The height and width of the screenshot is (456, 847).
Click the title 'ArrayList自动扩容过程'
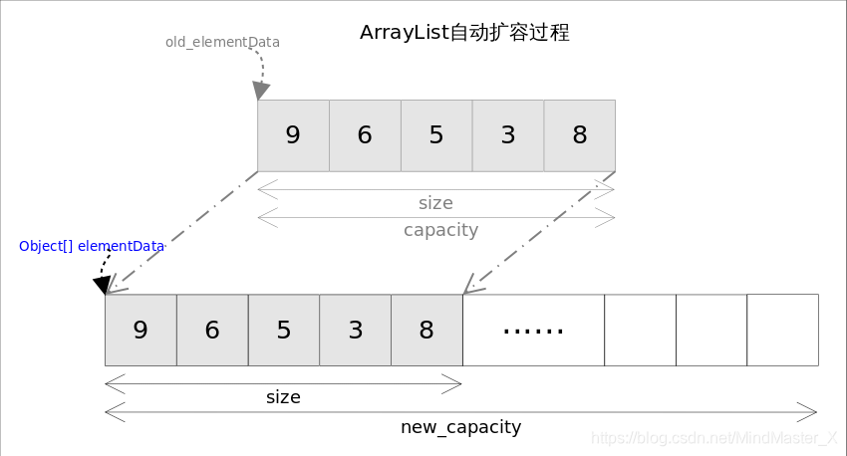click(x=464, y=32)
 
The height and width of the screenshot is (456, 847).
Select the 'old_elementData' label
click(x=222, y=43)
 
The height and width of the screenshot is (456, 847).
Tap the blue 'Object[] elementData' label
click(x=91, y=246)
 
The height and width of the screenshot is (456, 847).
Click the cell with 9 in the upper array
click(x=293, y=135)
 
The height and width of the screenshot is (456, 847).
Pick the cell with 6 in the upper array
click(x=365, y=135)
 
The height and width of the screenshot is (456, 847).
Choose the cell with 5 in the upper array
click(x=436, y=135)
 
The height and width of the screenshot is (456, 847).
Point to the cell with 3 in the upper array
click(x=508, y=135)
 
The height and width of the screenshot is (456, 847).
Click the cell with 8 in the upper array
click(x=580, y=135)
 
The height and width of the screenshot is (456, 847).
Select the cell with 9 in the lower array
click(x=141, y=330)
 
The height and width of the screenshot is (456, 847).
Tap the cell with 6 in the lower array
click(x=212, y=330)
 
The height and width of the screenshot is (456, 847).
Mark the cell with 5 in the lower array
click(x=284, y=330)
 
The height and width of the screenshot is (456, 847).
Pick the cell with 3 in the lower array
click(x=356, y=330)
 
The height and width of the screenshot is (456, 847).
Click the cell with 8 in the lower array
click(x=426, y=330)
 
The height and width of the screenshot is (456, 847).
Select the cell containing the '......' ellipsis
click(x=533, y=330)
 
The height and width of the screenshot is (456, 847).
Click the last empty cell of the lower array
click(x=782, y=330)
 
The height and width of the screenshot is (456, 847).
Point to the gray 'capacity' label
click(x=440, y=230)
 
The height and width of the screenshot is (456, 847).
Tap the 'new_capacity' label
click(x=460, y=427)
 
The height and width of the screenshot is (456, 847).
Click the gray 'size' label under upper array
click(x=435, y=203)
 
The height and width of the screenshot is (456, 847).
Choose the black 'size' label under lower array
click(x=283, y=397)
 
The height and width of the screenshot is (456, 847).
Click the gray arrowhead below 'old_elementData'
click(x=261, y=91)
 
